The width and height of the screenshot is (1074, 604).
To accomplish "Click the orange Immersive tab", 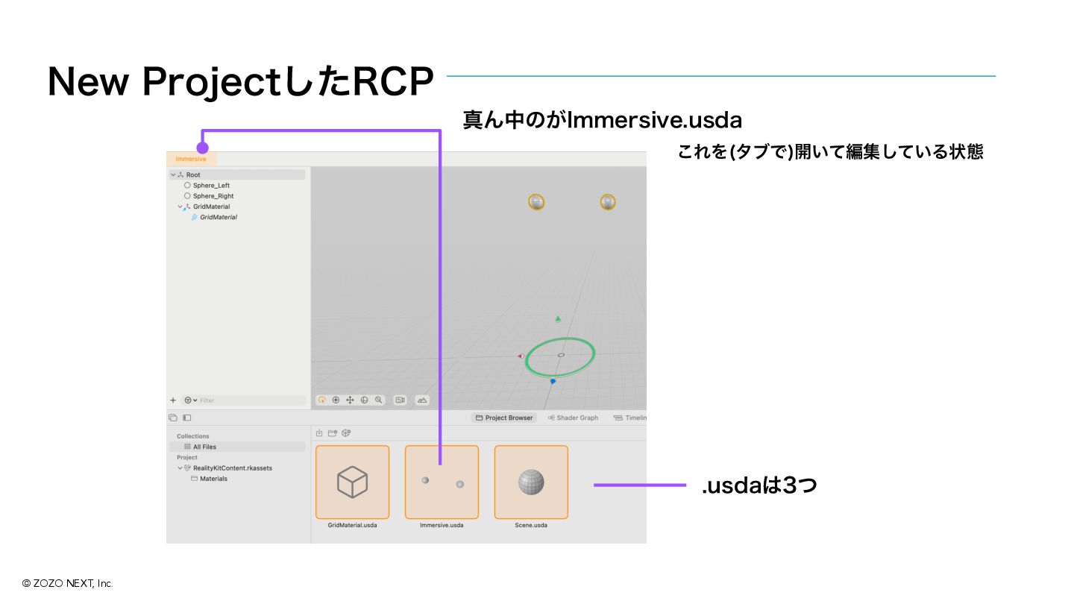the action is pos(191,159).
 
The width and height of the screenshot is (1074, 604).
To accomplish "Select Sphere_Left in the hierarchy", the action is pos(211,186).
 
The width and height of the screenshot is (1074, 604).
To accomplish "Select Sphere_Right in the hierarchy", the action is pos(213,196).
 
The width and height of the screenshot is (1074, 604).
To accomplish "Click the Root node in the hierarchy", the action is pos(193,174).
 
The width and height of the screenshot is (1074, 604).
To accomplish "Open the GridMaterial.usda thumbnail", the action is pos(352,482).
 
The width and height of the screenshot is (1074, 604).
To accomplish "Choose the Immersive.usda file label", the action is pos(442,525).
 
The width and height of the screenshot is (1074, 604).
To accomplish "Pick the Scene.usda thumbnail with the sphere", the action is pos(531,482).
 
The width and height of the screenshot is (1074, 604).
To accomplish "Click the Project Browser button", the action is pos(504,418).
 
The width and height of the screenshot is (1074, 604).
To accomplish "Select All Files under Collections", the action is pos(204,447).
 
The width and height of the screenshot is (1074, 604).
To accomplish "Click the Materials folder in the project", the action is pos(213,479).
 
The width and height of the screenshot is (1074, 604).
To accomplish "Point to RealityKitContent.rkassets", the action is pos(232,468).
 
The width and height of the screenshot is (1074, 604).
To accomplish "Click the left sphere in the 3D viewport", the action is pos(536,202).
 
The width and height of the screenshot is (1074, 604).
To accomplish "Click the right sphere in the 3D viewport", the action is pos(608,202).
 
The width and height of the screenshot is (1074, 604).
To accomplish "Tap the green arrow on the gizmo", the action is pos(557,319).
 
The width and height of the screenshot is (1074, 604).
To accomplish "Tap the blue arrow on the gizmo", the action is pos(553,381).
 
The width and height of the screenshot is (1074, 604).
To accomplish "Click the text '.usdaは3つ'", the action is pos(759,485).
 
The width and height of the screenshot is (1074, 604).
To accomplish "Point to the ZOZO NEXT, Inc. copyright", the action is pos(67,583).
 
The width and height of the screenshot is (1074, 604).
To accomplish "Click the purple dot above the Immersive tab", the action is pos(202,148).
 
